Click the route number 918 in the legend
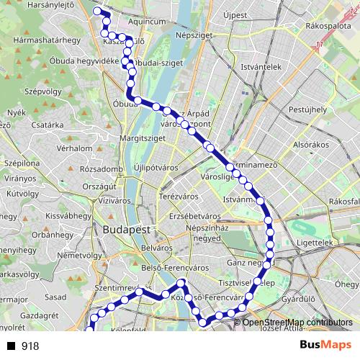[30, 346]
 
